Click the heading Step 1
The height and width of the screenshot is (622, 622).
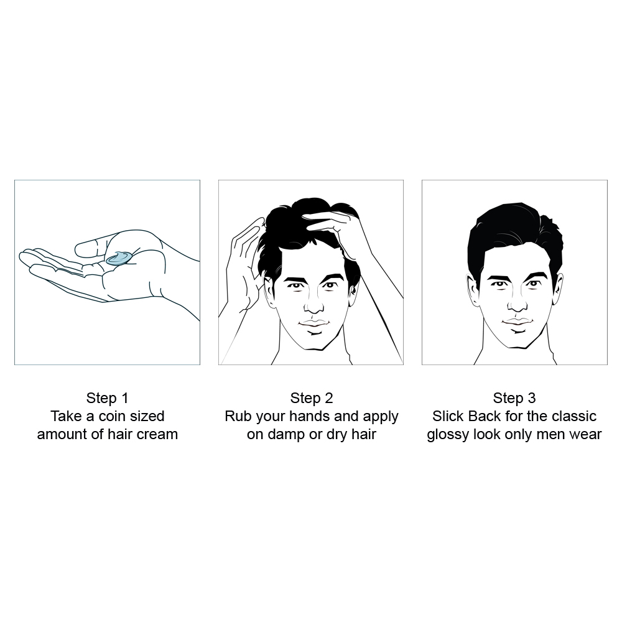click(x=107, y=398)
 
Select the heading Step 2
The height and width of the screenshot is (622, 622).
click(x=311, y=398)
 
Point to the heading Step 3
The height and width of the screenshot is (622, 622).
click(x=514, y=398)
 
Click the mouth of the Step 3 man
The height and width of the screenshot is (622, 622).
click(x=518, y=322)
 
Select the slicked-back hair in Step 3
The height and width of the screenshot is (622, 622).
click(x=514, y=238)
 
